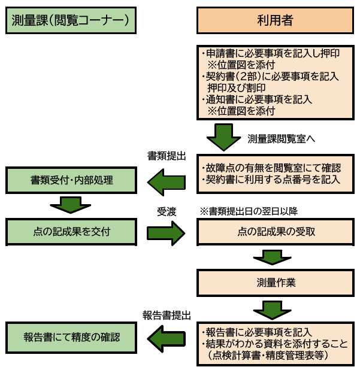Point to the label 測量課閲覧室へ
pos(281,138)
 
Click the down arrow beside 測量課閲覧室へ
pos(223,138)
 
